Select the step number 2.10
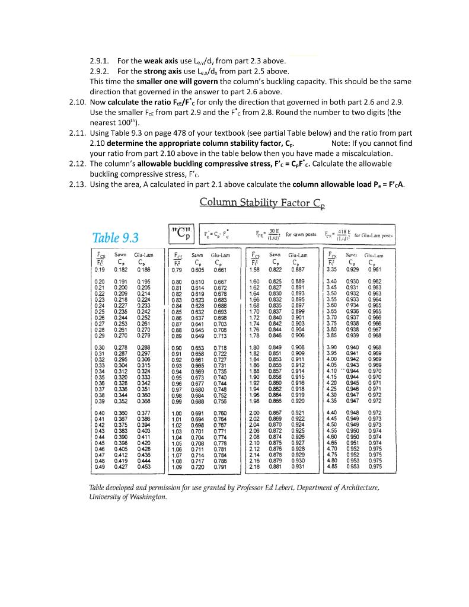click(78, 103)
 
